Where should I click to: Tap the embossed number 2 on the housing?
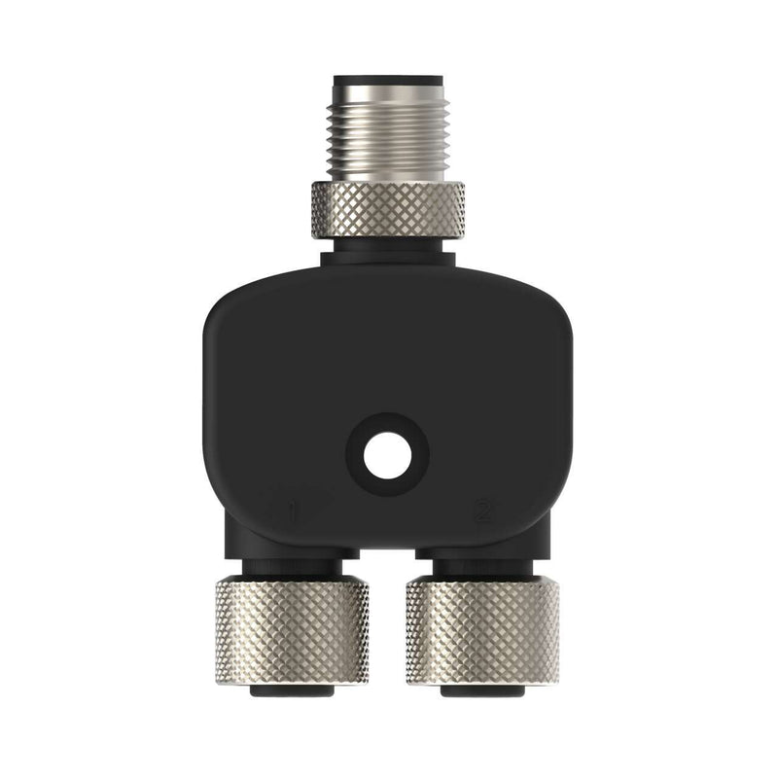[x=481, y=509]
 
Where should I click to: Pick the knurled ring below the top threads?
[x=388, y=210]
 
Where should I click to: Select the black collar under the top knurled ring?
[x=388, y=255]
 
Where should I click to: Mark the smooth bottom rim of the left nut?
[x=292, y=679]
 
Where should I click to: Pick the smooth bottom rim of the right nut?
[x=483, y=679]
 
